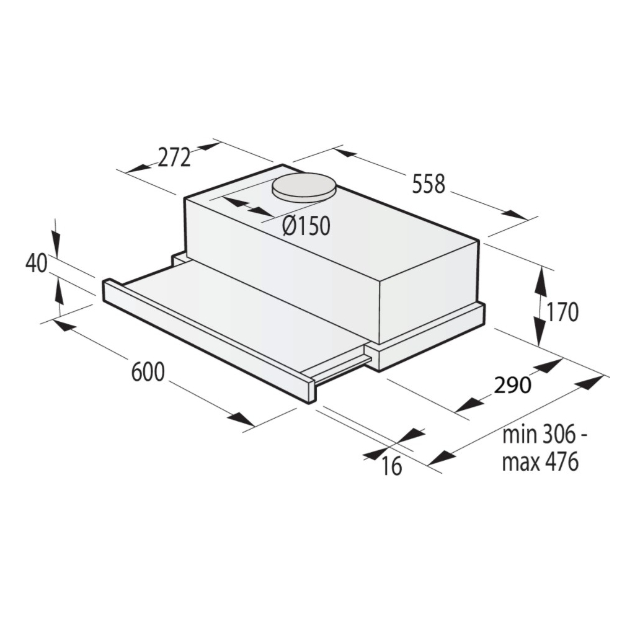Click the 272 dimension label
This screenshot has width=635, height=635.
pyautogui.click(x=173, y=159)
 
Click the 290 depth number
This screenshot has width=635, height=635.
pyautogui.click(x=513, y=385)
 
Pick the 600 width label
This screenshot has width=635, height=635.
pyautogui.click(x=148, y=372)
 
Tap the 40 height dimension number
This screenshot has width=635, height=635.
pyautogui.click(x=37, y=264)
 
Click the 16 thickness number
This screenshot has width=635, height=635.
pyautogui.click(x=392, y=466)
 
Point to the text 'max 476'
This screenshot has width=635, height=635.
pyautogui.click(x=540, y=462)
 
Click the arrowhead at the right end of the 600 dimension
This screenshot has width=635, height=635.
pyautogui.click(x=241, y=420)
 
